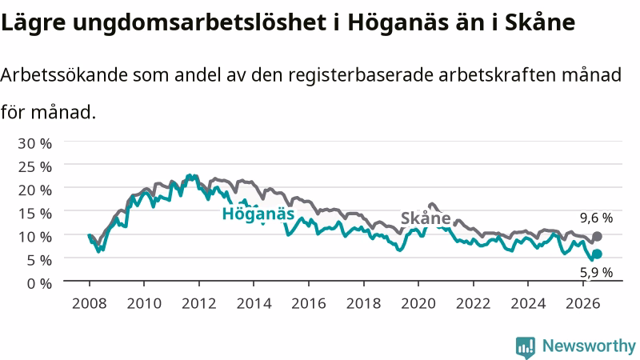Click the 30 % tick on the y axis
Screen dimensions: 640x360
pyautogui.click(x=34, y=143)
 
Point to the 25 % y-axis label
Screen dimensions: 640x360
pyautogui.click(x=34, y=166)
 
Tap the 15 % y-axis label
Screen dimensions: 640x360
pyautogui.click(x=34, y=213)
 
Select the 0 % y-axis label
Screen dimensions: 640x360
pyautogui.click(x=39, y=283)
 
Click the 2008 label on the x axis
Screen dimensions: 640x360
pyautogui.click(x=90, y=303)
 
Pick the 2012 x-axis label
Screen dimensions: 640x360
pyautogui.click(x=198, y=303)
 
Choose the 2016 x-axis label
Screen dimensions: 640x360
pyautogui.click(x=309, y=303)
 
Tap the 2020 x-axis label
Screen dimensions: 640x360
pyautogui.click(x=418, y=303)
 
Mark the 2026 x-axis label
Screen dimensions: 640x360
pyautogui.click(x=583, y=303)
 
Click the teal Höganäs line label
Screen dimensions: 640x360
pyautogui.click(x=258, y=214)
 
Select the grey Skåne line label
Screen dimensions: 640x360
pyautogui.click(x=426, y=218)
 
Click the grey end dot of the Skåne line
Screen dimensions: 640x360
pyautogui.click(x=597, y=236)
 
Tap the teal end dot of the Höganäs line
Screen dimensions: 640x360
pyautogui.click(x=597, y=254)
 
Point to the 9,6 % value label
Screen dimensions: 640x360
pyautogui.click(x=596, y=218)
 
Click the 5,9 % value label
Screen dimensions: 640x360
pyautogui.click(x=596, y=272)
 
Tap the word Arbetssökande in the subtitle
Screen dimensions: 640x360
pyautogui.click(x=64, y=75)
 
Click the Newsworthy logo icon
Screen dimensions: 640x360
pyautogui.click(x=526, y=347)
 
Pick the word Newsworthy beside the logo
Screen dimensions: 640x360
pyautogui.click(x=589, y=346)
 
